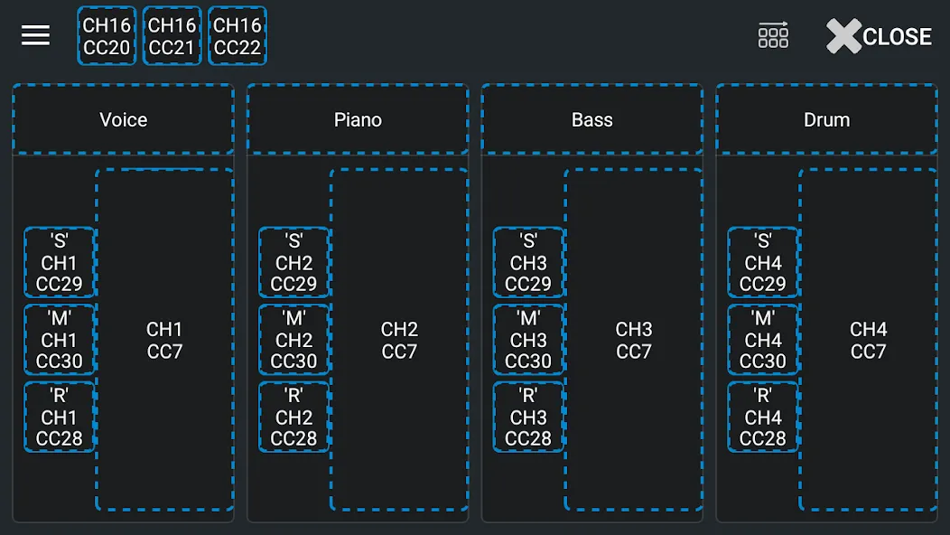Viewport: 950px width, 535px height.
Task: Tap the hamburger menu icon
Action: [36, 36]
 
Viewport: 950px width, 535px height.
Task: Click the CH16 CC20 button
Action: [107, 36]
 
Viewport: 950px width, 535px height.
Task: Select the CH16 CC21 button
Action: [172, 36]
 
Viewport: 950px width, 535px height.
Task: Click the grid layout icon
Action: [773, 35]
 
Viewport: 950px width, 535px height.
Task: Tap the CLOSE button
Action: [880, 36]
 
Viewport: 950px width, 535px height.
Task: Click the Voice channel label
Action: [124, 119]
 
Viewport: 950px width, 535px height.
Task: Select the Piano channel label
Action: [359, 119]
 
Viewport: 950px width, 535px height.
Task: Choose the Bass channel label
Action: [592, 119]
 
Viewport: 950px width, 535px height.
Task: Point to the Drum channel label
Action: [827, 119]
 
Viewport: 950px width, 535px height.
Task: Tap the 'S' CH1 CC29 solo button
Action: [60, 262]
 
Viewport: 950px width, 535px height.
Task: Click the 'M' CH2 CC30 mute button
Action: [293, 340]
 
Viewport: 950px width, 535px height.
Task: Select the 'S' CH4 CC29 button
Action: [763, 262]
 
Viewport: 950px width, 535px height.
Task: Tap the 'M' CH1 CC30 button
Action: [60, 340]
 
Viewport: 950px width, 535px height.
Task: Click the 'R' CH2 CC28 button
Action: [293, 417]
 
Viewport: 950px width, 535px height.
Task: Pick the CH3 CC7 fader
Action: [634, 340]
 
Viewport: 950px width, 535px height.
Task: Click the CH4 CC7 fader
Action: [868, 340]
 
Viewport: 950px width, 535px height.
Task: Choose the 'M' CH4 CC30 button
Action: [763, 340]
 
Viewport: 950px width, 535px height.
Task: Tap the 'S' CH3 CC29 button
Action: [528, 262]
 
